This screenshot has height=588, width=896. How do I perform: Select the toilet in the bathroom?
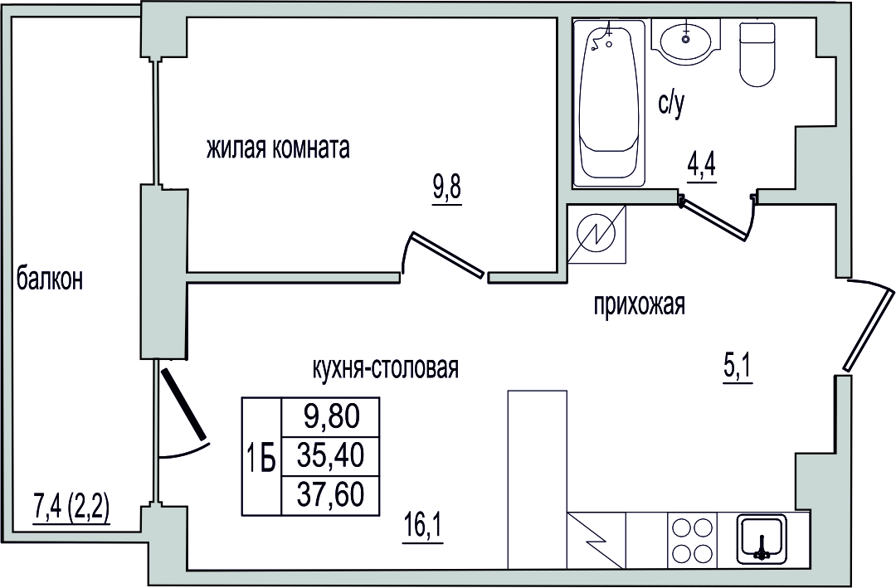click(758, 54)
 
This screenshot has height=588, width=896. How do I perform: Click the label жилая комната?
click(278, 148)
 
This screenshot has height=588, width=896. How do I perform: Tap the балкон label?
click(50, 279)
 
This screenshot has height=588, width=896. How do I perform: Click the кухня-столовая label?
click(386, 368)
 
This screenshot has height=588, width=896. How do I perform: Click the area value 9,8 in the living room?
click(447, 188)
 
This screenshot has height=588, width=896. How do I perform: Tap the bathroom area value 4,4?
click(701, 167)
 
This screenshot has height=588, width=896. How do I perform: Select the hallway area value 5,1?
click(738, 369)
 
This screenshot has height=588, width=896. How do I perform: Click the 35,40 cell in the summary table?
click(331, 455)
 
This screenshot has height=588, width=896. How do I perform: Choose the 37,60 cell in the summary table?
click(331, 494)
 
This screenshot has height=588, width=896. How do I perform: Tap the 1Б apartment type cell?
click(262, 456)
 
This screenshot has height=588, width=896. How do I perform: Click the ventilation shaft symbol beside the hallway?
click(597, 235)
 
